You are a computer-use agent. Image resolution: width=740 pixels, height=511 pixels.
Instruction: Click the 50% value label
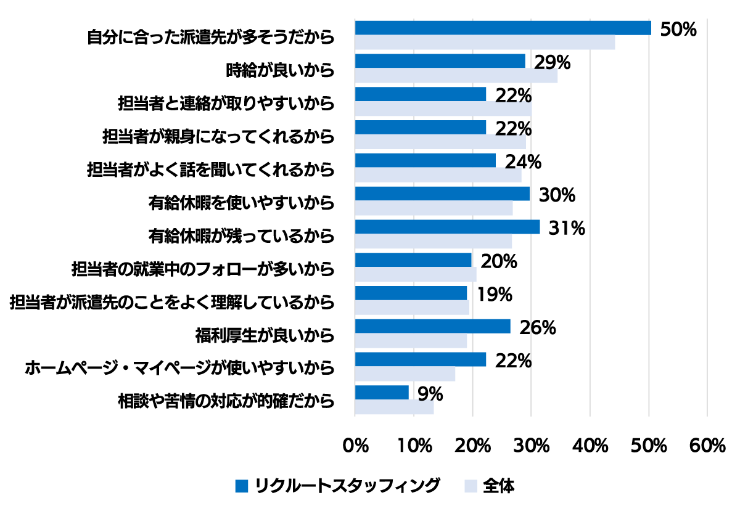pyautogui.click(x=678, y=29)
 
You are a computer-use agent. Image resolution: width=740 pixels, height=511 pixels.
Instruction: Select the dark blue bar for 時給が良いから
pyautogui.click(x=440, y=61)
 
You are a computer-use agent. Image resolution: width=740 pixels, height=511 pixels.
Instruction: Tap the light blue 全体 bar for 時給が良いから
pyautogui.click(x=456, y=76)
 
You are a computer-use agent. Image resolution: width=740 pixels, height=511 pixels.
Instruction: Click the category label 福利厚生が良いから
pyautogui.click(x=265, y=335)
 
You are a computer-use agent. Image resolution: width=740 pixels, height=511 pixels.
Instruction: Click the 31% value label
pyautogui.click(x=567, y=228)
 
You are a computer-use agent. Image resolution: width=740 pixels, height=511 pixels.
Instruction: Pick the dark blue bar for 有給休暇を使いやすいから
pyautogui.click(x=442, y=194)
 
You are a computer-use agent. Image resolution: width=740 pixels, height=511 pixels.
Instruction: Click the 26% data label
pyautogui.click(x=538, y=327)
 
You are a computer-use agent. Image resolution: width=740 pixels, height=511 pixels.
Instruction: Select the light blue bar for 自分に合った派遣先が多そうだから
pyautogui.click(x=485, y=43)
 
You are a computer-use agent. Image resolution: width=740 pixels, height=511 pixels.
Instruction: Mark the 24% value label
pyautogui.click(x=523, y=161)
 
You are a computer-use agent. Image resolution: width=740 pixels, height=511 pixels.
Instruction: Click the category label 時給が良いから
pyautogui.click(x=280, y=70)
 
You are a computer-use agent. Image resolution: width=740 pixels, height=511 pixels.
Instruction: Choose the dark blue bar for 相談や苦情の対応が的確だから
pyautogui.click(x=382, y=393)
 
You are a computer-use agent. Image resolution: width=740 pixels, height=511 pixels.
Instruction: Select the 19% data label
pyautogui.click(x=495, y=295)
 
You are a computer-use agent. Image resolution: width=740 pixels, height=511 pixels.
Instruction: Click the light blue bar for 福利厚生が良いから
pyautogui.click(x=411, y=341)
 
